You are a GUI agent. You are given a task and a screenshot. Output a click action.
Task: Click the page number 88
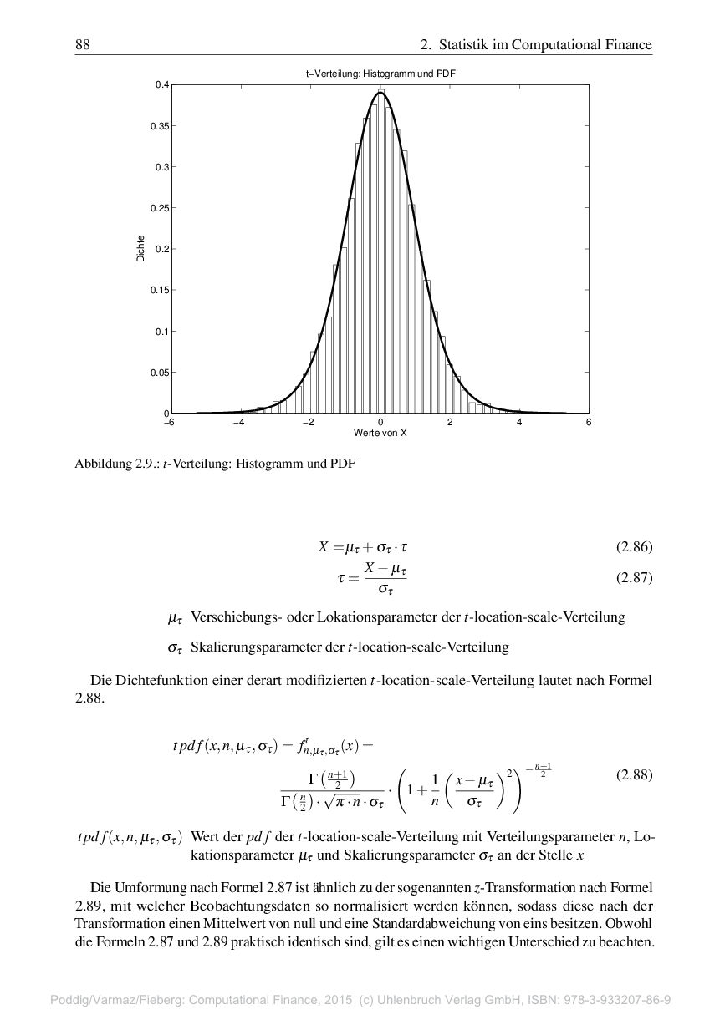click(x=82, y=44)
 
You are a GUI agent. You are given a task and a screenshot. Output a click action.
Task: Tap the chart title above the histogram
click(x=380, y=74)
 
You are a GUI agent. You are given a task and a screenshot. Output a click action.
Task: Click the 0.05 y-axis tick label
click(x=159, y=373)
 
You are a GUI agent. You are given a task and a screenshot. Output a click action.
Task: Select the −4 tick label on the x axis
click(x=238, y=423)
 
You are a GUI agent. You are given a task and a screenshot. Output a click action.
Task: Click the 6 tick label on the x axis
click(x=589, y=423)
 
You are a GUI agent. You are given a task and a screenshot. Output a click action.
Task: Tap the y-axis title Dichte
click(x=140, y=249)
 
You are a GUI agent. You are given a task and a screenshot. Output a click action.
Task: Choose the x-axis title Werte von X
click(x=380, y=434)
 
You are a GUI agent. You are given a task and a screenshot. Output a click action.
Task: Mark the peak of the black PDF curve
click(x=380, y=93)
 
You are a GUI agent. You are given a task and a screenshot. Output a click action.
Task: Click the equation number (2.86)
click(x=634, y=548)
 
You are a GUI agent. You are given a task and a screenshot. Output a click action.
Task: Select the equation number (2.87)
click(x=634, y=577)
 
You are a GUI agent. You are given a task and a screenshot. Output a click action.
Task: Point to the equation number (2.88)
click(x=634, y=774)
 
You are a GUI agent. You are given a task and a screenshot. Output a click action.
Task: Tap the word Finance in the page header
click(x=628, y=44)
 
